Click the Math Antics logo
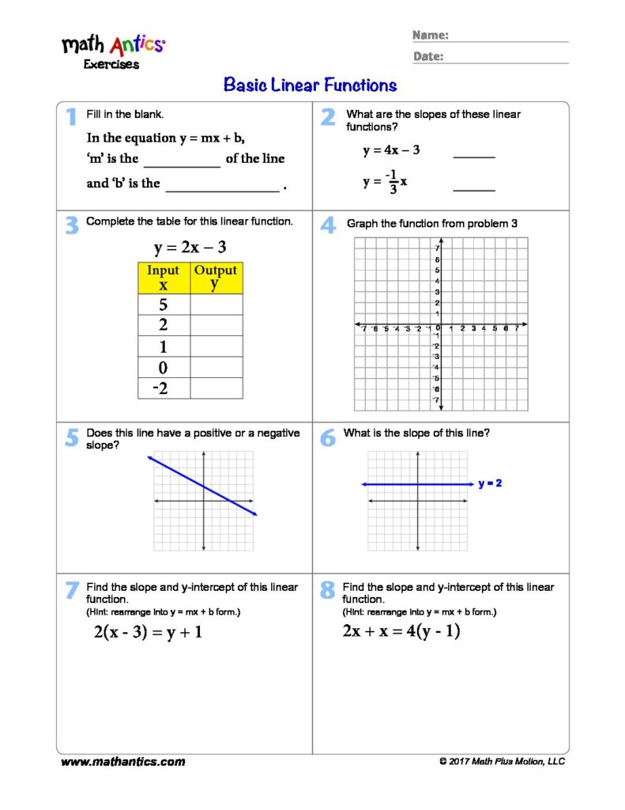(114, 44)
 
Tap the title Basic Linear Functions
(311, 85)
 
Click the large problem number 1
(71, 117)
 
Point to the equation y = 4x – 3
(391, 150)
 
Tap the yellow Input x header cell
(164, 278)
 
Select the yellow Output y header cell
(216, 278)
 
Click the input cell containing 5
(164, 305)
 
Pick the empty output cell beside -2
(216, 388)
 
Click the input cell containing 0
(164, 367)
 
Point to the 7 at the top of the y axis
(437, 249)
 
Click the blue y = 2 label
(490, 483)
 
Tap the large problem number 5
(71, 437)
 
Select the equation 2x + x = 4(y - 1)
(401, 631)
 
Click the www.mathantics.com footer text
(123, 762)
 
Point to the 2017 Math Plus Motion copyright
(502, 762)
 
